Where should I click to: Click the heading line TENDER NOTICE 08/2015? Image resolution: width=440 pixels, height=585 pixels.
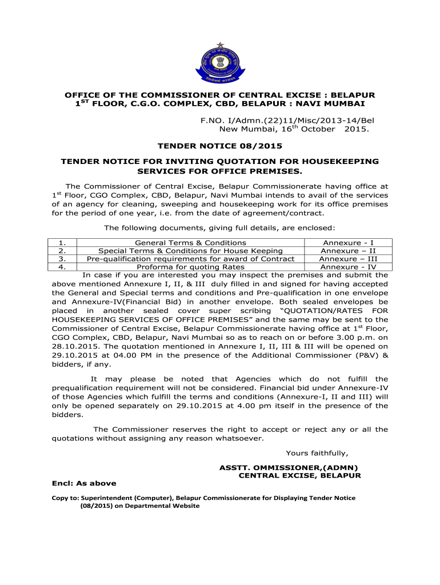point(219,146)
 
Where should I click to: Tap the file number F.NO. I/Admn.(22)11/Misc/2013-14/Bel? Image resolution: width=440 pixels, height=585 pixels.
point(291,121)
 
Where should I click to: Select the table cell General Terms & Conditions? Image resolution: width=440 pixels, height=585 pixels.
point(190,243)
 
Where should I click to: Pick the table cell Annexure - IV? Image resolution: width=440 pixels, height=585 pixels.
point(348,267)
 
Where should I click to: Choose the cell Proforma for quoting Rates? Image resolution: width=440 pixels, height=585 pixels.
point(190,267)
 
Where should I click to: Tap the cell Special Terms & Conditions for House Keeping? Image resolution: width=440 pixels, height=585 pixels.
point(190,251)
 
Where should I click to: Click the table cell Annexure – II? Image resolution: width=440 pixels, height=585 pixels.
point(348,251)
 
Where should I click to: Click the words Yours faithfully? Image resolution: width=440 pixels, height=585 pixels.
point(317,454)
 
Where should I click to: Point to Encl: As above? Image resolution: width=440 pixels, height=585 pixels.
point(84,483)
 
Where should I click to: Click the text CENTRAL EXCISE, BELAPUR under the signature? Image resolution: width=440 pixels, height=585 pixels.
point(299,475)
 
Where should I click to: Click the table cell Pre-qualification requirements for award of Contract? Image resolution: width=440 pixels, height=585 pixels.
point(190,259)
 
